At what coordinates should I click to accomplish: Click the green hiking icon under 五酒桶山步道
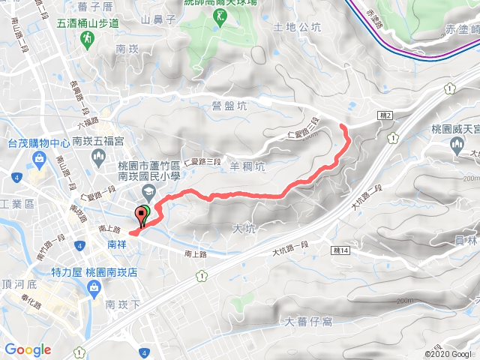[88, 37]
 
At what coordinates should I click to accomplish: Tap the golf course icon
[221, 16]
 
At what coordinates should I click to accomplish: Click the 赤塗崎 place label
[459, 31]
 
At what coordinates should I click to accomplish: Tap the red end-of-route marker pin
[140, 216]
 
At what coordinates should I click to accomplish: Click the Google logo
[28, 349]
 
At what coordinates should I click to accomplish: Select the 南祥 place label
[118, 244]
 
